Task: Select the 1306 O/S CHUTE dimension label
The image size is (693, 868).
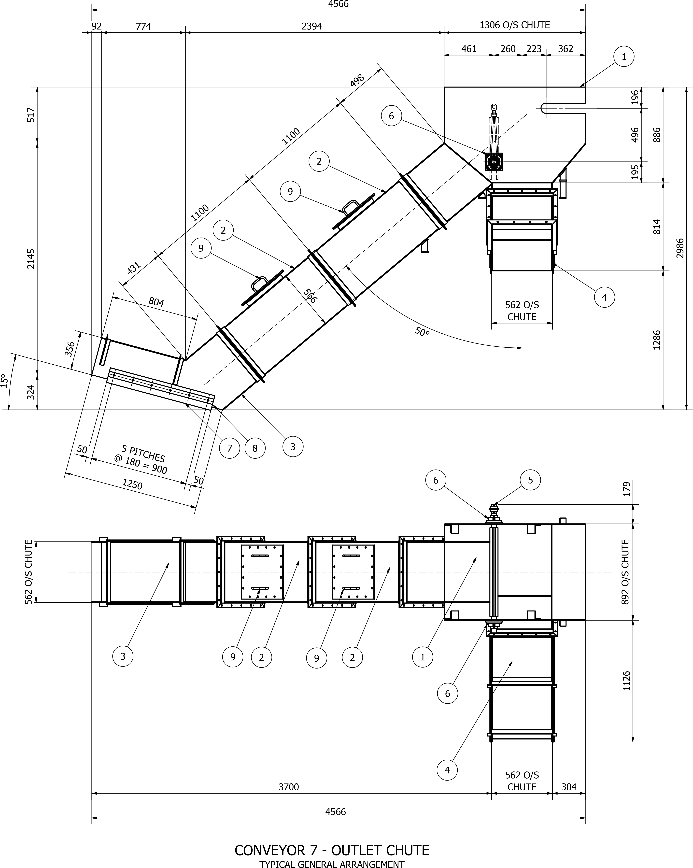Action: tap(515, 25)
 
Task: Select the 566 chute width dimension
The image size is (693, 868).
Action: tap(310, 296)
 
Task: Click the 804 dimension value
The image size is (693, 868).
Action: tap(156, 302)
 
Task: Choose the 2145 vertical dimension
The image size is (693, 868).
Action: tap(31, 259)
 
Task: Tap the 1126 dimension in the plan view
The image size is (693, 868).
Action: tap(627, 681)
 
